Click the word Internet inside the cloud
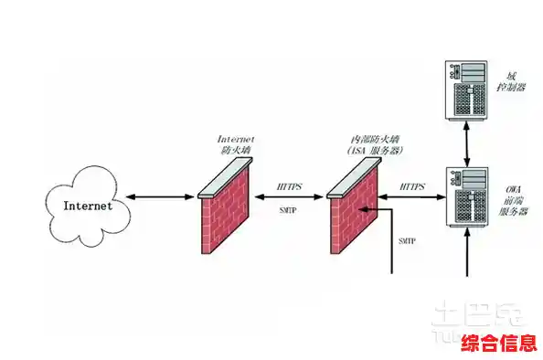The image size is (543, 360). [88, 206]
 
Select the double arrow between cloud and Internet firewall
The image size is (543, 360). [162, 196]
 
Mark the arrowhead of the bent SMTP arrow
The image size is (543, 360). [365, 209]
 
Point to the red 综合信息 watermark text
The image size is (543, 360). [497, 344]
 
